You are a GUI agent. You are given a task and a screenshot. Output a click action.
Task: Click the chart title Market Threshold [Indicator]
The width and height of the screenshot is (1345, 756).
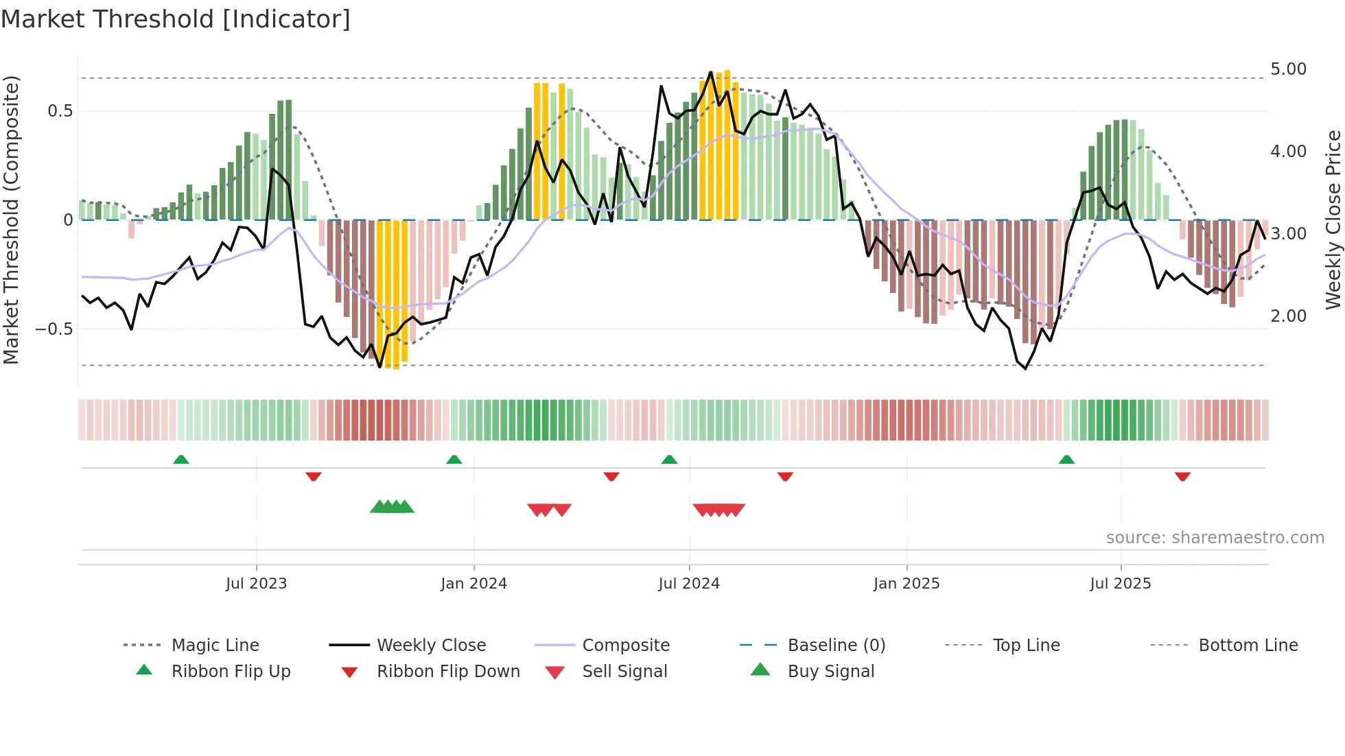click(176, 19)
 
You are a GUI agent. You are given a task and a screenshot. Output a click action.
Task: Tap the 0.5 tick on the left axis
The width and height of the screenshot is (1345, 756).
click(60, 111)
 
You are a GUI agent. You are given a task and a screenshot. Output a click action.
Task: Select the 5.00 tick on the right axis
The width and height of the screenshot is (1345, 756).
click(1288, 69)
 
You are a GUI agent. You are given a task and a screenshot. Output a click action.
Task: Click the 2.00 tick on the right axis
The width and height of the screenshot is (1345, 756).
click(1288, 316)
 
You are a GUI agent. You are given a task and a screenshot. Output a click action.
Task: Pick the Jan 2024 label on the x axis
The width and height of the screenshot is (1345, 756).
click(473, 584)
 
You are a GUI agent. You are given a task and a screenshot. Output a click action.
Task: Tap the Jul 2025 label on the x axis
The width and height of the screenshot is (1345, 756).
click(1120, 584)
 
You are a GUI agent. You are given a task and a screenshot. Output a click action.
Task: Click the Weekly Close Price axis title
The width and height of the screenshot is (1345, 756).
click(1333, 220)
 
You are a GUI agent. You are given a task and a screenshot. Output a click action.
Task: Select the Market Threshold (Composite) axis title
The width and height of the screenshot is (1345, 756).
click(11, 220)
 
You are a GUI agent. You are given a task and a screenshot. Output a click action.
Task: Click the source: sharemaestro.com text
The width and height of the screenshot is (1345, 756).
click(1215, 538)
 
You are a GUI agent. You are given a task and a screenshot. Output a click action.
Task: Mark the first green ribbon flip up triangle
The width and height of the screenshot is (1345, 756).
click(181, 460)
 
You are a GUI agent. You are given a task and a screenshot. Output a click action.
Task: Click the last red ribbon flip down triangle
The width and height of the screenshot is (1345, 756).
click(1182, 476)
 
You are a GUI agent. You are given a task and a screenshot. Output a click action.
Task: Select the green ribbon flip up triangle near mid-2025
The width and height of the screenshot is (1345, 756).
click(1066, 460)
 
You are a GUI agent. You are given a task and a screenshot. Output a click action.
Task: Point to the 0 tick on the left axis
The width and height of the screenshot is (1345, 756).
click(68, 220)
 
